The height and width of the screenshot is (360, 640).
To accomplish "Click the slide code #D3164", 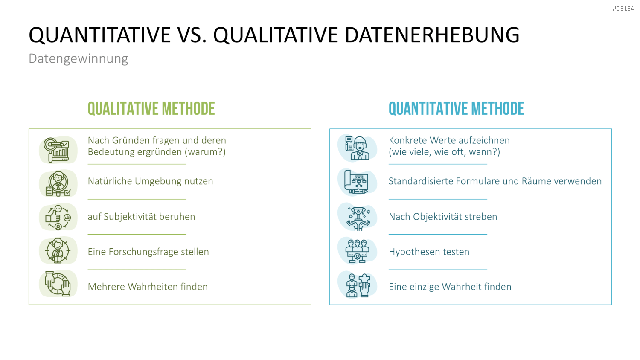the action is [x=623, y=9].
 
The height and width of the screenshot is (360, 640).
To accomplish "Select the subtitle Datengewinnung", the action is [x=78, y=59].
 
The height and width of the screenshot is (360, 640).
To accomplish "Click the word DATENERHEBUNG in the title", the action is [x=432, y=35].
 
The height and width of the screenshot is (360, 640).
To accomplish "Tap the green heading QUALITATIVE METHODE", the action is [x=151, y=109].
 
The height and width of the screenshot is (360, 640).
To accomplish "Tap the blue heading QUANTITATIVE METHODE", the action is [x=456, y=109].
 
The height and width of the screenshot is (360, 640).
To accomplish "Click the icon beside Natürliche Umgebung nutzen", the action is [x=58, y=184].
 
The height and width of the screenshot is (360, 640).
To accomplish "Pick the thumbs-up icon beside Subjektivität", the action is [x=58, y=218].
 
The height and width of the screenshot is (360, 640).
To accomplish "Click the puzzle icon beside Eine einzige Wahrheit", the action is [x=358, y=285].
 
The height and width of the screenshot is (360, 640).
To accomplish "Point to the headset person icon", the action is [x=358, y=148].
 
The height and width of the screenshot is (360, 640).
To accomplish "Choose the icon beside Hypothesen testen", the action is [x=357, y=251].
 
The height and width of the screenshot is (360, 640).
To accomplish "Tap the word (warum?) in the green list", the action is [x=205, y=152].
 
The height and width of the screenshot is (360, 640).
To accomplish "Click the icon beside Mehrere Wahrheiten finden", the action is [x=58, y=284].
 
